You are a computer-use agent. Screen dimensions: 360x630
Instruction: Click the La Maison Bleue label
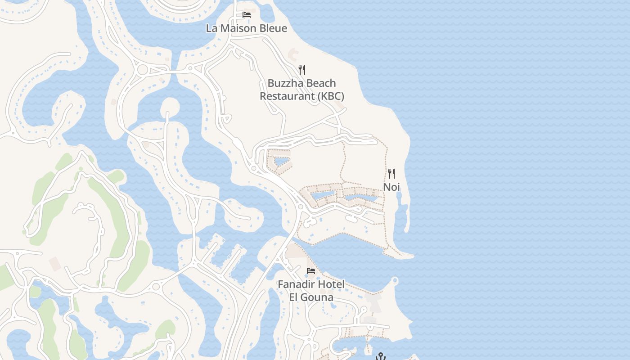[x=246, y=28]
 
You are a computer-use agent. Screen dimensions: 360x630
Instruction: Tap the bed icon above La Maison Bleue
[x=246, y=15]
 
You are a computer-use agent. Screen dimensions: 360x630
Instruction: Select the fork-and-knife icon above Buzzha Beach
[x=302, y=70]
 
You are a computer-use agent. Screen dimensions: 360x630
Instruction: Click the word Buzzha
[x=285, y=83]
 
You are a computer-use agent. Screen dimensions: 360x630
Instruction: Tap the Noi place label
[x=391, y=187]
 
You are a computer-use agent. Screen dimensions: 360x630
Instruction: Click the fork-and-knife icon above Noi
[x=391, y=174]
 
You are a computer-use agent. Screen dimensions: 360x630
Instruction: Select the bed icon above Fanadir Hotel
[x=311, y=271]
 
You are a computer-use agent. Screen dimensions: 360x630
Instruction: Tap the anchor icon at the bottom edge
[x=381, y=356]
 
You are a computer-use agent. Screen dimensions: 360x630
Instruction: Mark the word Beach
[x=321, y=83]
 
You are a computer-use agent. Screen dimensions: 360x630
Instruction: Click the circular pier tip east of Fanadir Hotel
[x=395, y=281]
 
